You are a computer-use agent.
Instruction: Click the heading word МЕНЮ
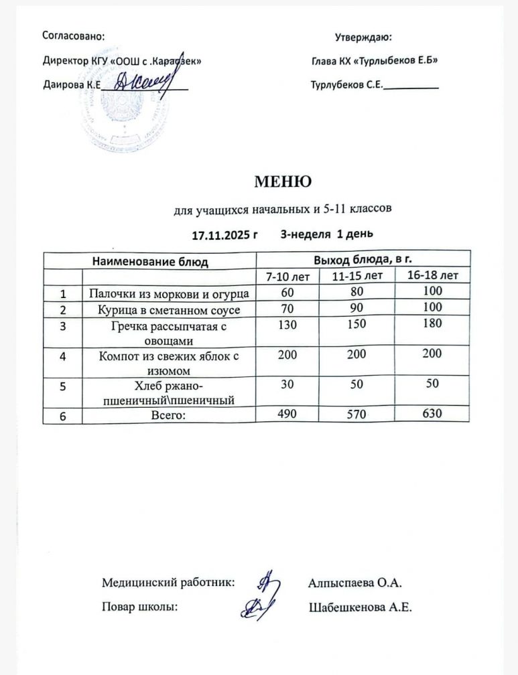pos(281,181)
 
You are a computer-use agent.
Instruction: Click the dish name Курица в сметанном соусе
pos(169,310)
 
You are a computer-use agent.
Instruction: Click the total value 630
pos(433,415)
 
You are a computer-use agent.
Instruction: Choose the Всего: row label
pos(169,416)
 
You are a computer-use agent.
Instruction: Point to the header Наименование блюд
pos(149,261)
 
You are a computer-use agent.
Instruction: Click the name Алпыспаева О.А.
pos(354,583)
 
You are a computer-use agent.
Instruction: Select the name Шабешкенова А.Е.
pos(360,607)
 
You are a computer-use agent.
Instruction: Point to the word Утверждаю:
pos(363,37)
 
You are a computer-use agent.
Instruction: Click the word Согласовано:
pos(73,35)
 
